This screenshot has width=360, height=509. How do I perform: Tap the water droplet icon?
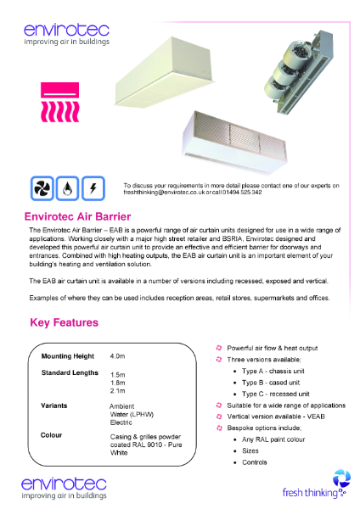click(68, 187)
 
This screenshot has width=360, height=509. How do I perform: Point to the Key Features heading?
click(64, 322)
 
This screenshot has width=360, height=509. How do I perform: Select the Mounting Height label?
click(68, 356)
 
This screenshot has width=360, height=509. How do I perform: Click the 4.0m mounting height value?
click(118, 357)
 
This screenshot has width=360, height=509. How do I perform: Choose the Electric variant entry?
click(121, 422)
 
